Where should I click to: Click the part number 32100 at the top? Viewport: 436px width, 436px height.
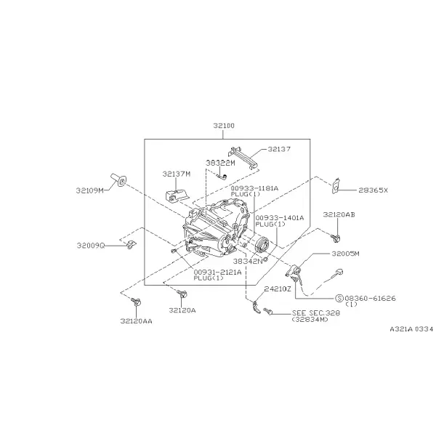point(224,126)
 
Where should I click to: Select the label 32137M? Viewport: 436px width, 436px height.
point(177,174)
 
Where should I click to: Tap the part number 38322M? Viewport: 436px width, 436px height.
point(220,163)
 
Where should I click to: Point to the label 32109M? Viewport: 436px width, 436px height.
point(90,190)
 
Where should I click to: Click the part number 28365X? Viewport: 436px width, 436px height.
point(373,190)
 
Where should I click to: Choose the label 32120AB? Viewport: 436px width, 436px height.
point(339,214)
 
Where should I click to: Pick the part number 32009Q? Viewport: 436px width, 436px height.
point(91,246)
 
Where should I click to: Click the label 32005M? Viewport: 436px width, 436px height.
point(345,254)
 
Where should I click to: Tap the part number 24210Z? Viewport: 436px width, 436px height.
point(278,289)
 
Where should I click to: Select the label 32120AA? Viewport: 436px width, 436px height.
point(137,321)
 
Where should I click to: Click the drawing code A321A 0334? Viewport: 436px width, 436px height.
point(411,329)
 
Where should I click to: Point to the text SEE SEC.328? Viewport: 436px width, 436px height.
point(316,313)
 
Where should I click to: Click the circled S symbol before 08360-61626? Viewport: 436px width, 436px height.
point(339,299)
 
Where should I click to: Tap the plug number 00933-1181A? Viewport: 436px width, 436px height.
point(254,188)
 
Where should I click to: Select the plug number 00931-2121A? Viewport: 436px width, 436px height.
point(217,272)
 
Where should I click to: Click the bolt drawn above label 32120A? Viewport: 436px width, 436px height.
point(182,294)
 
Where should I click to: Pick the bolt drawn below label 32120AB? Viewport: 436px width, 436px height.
point(336,238)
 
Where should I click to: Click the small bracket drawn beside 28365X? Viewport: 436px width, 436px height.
point(336,185)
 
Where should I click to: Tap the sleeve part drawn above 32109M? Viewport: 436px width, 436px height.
point(118,180)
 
